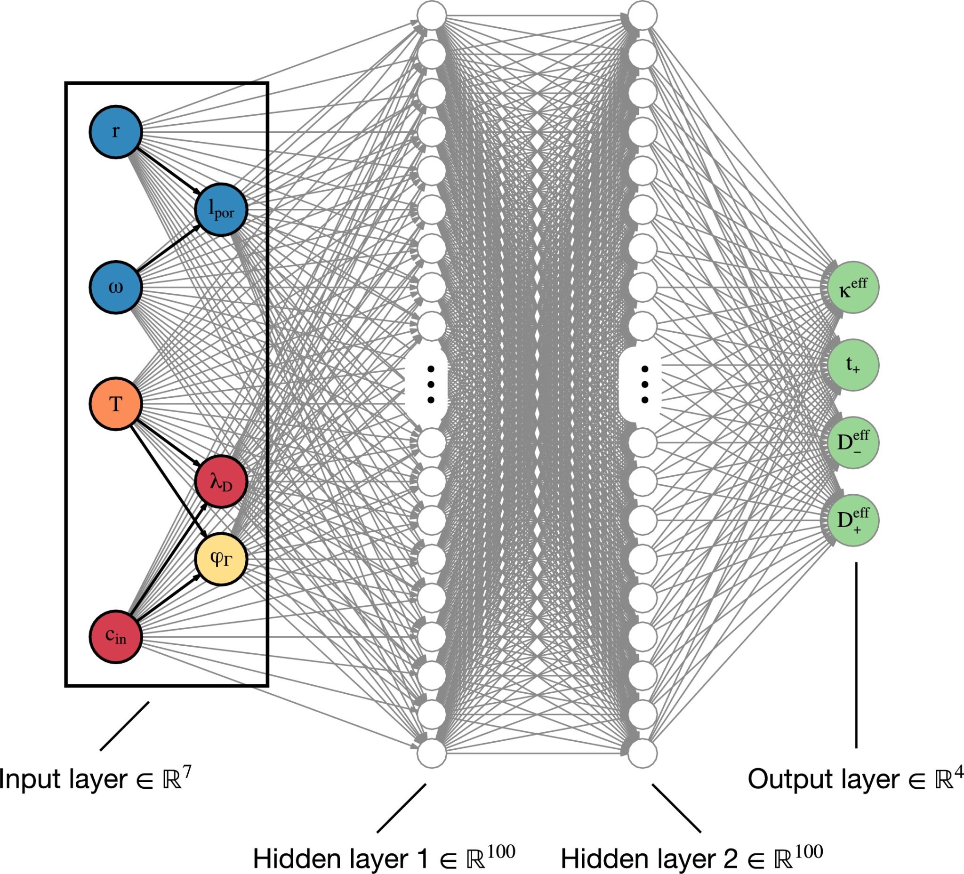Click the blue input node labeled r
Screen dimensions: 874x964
click(x=116, y=131)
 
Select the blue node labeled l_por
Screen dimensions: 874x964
click(x=221, y=209)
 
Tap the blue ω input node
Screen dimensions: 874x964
click(x=116, y=287)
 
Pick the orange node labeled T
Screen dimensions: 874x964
click(x=116, y=404)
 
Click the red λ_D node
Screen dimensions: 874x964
click(x=221, y=481)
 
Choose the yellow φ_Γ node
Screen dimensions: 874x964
click(x=221, y=559)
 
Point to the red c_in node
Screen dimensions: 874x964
click(x=116, y=637)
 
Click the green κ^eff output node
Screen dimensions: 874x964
click(x=853, y=288)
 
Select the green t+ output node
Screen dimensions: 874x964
click(x=853, y=365)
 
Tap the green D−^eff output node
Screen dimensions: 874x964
click(x=853, y=443)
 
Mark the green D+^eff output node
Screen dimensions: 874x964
click(x=853, y=520)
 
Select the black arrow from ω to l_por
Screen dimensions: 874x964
click(x=169, y=248)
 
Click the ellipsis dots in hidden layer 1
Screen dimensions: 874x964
click(x=431, y=385)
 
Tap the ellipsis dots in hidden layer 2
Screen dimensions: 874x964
click(x=644, y=385)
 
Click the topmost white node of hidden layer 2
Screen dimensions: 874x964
click(x=642, y=16)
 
